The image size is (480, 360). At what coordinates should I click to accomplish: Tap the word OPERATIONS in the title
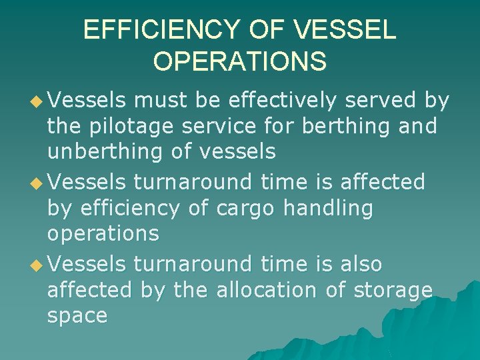coord(239,61)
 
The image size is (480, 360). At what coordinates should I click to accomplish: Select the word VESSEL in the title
coord(345,29)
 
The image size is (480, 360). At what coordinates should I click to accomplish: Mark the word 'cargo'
coord(245,209)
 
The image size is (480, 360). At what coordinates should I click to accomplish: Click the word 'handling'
coord(328,208)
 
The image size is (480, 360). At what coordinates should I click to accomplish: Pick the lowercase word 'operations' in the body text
coord(103,234)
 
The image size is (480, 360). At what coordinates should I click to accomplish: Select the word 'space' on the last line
coord(77,317)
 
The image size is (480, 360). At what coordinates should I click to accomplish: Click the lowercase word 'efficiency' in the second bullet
coord(129,208)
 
